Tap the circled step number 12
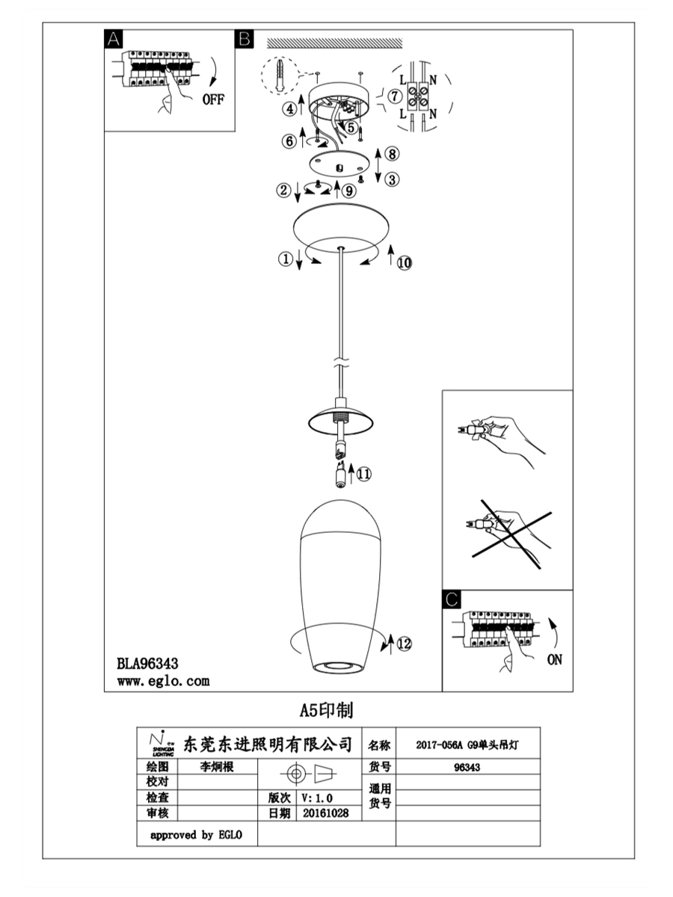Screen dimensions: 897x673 coord(404,644)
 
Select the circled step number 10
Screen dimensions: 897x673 coord(404,262)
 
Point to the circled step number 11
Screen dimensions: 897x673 coord(364,472)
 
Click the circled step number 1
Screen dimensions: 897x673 coord(284,259)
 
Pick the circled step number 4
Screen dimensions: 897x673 coord(289,109)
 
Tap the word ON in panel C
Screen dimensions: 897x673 coord(554,659)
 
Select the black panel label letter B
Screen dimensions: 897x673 coord(245,40)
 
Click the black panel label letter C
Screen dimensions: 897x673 coord(452,599)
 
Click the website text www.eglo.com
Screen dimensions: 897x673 coord(163,680)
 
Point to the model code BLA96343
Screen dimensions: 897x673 coord(147,662)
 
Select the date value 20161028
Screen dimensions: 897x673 coord(327,813)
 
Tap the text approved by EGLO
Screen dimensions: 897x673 coord(196,835)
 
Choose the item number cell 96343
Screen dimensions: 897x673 coord(467,767)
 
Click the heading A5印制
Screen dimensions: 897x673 coord(326,709)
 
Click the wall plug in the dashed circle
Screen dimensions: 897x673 coord(279,75)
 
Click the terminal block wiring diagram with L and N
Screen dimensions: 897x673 coord(417,95)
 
